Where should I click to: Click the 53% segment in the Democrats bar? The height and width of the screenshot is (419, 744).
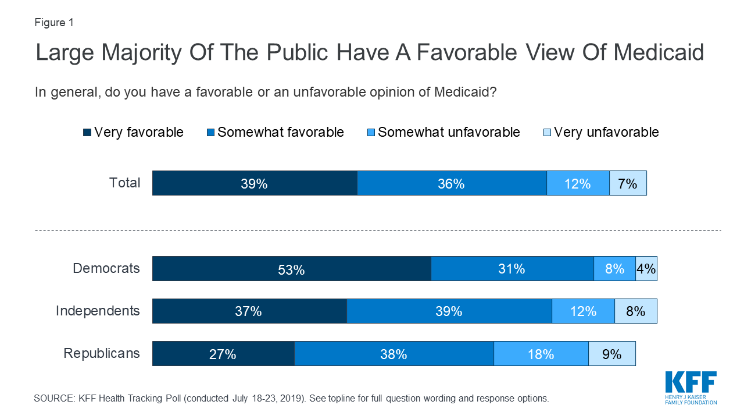[x=291, y=269]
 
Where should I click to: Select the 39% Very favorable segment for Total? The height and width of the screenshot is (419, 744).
[x=255, y=183]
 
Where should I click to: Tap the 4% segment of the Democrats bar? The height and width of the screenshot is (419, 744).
[x=646, y=269]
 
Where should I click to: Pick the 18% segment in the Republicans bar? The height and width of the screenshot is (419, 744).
[x=541, y=354]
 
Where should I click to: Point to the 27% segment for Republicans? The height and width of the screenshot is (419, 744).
[x=223, y=354]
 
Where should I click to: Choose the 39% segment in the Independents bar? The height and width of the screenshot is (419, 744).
[x=449, y=311]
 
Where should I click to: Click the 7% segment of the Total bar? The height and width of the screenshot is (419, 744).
[x=628, y=183]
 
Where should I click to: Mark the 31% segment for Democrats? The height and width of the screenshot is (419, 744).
[x=512, y=269]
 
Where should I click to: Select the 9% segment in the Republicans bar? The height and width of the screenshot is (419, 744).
[x=612, y=354]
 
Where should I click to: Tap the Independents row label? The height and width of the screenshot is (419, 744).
[x=98, y=311]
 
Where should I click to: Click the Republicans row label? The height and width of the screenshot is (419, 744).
[x=102, y=353]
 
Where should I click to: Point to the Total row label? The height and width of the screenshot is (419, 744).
[x=124, y=183]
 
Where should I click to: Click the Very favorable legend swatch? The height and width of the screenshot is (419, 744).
[x=87, y=133]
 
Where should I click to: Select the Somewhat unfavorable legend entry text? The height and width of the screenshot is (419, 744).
[x=449, y=132]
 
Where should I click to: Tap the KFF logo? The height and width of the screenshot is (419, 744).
[x=691, y=388]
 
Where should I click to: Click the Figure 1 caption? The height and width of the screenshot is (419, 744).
[x=54, y=23]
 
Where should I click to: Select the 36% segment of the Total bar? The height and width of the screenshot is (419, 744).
[x=452, y=183]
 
